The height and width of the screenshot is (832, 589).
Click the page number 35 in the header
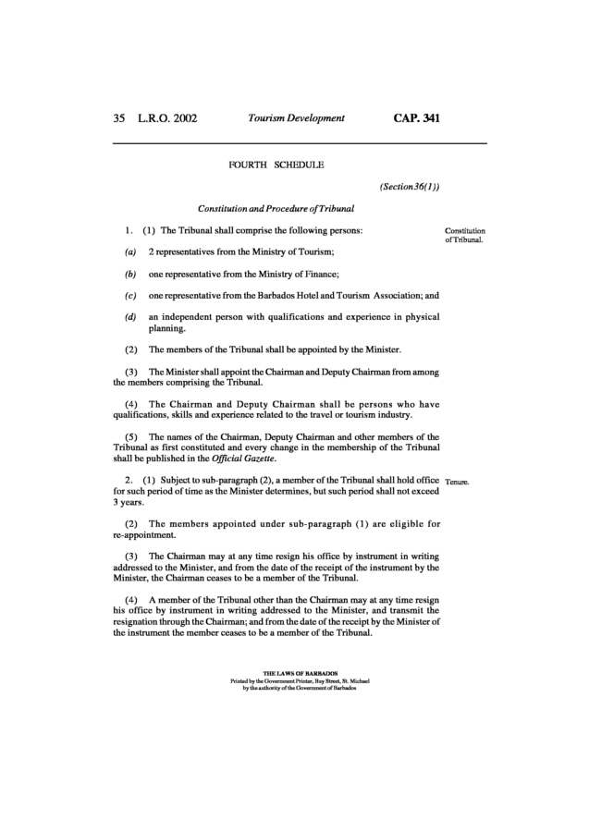118,118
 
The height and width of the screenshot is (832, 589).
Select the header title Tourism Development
296,118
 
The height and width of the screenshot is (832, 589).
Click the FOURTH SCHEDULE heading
276,165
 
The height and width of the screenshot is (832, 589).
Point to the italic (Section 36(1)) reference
409,186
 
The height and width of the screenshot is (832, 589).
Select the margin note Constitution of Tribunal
465,235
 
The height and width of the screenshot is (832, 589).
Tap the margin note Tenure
459,482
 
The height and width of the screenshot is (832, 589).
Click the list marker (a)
130,251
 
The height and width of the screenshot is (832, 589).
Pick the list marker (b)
130,274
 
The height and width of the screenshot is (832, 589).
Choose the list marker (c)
130,296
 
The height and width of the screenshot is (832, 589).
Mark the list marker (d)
130,317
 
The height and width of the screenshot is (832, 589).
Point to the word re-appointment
144,536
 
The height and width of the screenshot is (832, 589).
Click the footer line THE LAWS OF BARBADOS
294,673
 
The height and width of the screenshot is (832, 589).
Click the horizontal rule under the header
300,143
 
